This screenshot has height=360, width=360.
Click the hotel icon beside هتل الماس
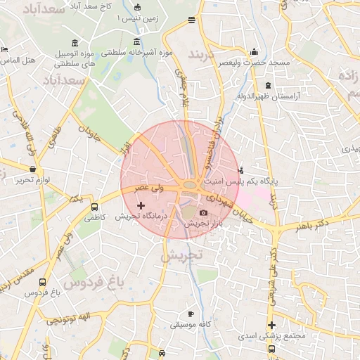(x=5, y=50)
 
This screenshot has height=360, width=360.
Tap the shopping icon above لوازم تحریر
(x=33, y=169)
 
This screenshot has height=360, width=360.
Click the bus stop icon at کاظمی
(x=94, y=207)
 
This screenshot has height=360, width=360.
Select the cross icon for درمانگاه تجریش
(x=141, y=206)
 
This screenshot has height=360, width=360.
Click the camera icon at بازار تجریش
(x=203, y=212)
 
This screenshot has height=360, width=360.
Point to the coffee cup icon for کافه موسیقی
(x=191, y=314)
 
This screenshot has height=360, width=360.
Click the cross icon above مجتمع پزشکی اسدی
(x=271, y=325)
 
